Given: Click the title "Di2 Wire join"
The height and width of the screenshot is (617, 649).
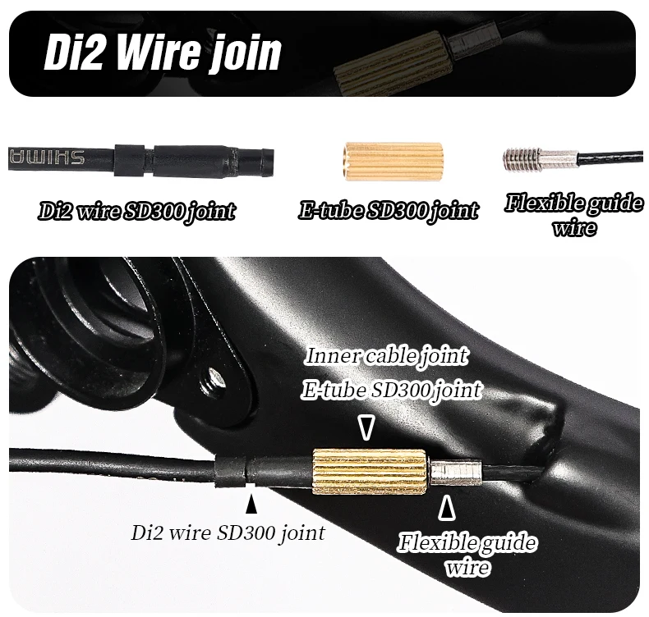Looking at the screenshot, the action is [x=163, y=53].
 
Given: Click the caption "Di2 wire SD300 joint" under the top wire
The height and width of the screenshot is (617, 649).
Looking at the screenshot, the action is [x=136, y=212].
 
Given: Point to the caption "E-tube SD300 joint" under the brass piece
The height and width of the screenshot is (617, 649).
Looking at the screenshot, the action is [x=388, y=210].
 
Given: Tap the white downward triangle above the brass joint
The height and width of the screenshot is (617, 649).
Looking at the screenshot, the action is [x=366, y=427].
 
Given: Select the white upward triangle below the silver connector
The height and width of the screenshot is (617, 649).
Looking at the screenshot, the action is [x=446, y=508].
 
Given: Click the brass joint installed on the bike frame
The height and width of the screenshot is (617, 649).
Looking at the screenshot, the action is [x=369, y=472].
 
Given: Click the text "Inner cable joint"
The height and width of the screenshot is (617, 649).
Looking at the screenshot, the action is [x=387, y=356].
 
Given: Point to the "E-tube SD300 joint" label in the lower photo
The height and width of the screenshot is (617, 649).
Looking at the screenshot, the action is [x=391, y=389].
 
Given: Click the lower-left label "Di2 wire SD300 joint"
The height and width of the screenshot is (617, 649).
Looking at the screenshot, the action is [x=228, y=532].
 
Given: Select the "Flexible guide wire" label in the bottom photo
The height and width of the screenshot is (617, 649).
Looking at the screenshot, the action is [x=467, y=554].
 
